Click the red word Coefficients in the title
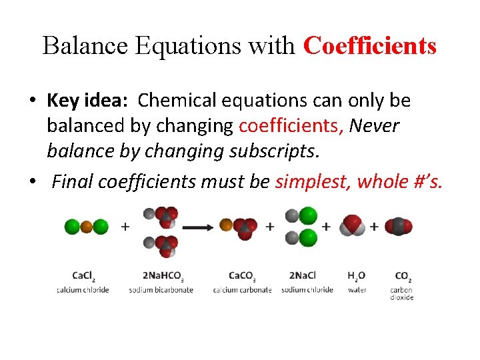click(x=370, y=46)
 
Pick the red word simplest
click(x=313, y=181)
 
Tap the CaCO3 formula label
click(x=242, y=275)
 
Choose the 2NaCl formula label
click(x=303, y=275)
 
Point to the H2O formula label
click(x=357, y=275)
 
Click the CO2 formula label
click(x=402, y=275)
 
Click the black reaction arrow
click(x=197, y=227)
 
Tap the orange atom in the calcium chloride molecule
click(x=86, y=227)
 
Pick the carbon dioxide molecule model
click(x=399, y=227)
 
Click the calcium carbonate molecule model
click(x=241, y=227)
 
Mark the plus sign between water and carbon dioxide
click(x=374, y=227)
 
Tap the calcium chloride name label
click(x=83, y=289)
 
